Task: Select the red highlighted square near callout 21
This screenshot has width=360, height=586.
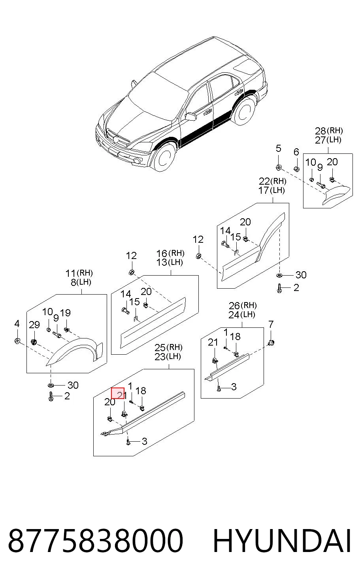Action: [x=118, y=393]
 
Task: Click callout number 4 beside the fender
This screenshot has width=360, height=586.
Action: [x=17, y=323]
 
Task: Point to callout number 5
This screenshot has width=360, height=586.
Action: [x=279, y=148]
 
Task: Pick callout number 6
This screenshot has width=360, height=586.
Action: [x=296, y=152]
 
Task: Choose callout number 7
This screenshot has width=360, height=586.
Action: [x=271, y=324]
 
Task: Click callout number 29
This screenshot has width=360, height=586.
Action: [x=34, y=325]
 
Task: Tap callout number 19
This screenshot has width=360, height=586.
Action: [x=65, y=313]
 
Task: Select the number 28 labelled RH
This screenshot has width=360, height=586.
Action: [x=320, y=130]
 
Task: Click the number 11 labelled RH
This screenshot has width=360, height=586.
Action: [x=71, y=273]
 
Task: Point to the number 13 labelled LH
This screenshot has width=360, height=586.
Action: [x=162, y=262]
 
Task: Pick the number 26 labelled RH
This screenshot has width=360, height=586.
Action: [x=234, y=306]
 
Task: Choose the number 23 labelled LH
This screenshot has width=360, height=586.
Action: [x=160, y=356]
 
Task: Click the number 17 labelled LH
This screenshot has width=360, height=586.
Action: [x=264, y=190]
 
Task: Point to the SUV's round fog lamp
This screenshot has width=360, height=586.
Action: [x=137, y=161]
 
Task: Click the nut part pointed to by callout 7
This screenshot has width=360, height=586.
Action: [x=271, y=342]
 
